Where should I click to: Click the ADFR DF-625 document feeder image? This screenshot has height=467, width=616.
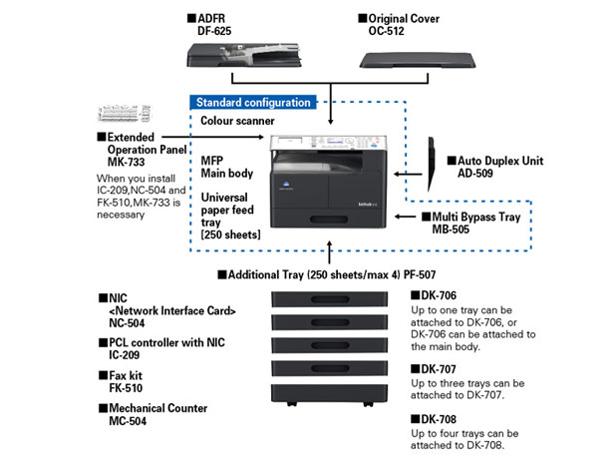pos(244,55)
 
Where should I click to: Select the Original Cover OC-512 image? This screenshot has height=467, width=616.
pos(418,60)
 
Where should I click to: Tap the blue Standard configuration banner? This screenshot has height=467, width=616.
pos(253,103)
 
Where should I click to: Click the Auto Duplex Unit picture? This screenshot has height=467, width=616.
pos(431,164)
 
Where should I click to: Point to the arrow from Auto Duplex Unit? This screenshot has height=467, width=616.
pos(408,174)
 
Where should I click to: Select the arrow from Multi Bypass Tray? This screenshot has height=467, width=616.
pos(405,217)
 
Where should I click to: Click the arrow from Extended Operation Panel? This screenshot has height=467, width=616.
pos(213,137)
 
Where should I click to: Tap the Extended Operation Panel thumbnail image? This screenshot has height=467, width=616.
pos(125,114)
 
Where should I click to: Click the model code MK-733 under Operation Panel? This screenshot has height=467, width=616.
pos(127,162)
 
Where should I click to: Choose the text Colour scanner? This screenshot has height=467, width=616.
pos(237,121)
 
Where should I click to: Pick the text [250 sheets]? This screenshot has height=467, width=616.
pos(230,234)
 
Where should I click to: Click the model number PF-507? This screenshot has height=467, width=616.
pos(420,274)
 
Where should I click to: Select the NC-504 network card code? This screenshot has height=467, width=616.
pos(127,323)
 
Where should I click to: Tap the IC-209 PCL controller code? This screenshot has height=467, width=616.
pos(125,355)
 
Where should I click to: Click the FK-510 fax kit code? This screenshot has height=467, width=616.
pos(126,388)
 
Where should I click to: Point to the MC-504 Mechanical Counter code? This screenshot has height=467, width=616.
pos(128,421)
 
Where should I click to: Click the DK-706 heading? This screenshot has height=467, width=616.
pos(434,295)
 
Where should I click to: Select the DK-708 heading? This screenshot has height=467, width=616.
pos(434,419)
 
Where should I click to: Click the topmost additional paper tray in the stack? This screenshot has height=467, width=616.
pos(330,299)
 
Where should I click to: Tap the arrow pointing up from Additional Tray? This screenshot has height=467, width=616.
pos(330,252)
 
